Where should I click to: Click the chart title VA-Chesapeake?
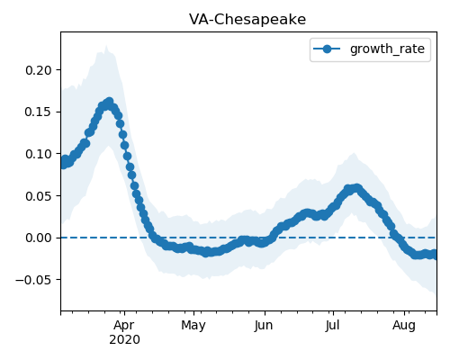point(247,20)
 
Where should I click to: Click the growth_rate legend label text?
point(387,49)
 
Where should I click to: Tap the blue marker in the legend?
point(327,49)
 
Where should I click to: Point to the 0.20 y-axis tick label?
point(39,70)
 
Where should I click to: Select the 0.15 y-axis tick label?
point(39,112)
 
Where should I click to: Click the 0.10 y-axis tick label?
point(39,154)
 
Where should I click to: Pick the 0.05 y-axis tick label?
point(39,196)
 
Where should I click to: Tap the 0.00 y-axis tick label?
point(39,238)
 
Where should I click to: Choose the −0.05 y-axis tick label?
point(33,280)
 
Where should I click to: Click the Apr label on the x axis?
point(124,326)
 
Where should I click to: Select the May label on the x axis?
point(193,326)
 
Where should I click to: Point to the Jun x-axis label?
point(264,326)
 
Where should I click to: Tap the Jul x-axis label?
point(332,326)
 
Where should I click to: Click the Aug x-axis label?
point(404,326)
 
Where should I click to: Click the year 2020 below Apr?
point(124,339)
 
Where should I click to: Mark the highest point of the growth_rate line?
point(110,102)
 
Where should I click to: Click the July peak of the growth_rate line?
point(356,188)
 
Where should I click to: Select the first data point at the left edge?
point(63,165)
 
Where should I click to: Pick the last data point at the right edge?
point(435,256)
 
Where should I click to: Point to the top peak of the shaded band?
point(106,46)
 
